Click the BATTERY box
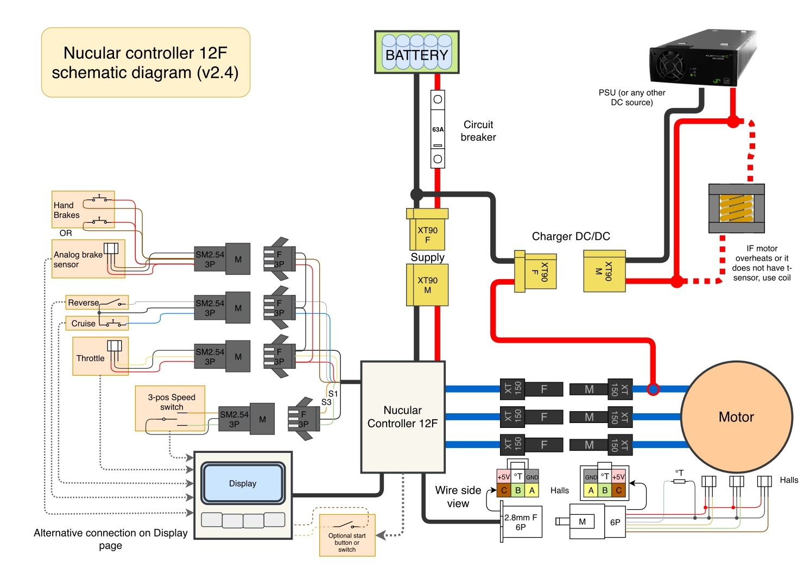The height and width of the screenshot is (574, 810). pos(416,52)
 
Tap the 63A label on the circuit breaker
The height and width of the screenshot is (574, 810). pos(438,129)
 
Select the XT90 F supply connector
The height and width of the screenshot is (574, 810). pos(427,230)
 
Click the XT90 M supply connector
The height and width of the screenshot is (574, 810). pos(427,285)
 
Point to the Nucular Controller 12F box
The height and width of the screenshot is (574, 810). pos(403,417)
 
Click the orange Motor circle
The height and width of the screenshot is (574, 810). pos(736,417)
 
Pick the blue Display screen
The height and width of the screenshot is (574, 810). pos(243,483)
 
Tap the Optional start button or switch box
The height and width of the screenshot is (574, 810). pos(347,536)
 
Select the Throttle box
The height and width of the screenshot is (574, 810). pos(100,356)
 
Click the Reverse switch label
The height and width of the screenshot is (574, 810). pos(83,302)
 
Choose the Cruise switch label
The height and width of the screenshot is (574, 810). pos(83,323)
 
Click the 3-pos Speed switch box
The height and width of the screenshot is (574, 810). pos(170,408)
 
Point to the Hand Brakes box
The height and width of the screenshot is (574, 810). pos(83,209)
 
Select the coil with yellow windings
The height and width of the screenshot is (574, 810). pos(736,209)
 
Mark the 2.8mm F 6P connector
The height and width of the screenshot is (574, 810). pos(521,522)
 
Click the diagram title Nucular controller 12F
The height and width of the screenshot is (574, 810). pos(145,62)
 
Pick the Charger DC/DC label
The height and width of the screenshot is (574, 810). pos(571,236)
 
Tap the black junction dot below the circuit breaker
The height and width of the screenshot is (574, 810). pos(416,194)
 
